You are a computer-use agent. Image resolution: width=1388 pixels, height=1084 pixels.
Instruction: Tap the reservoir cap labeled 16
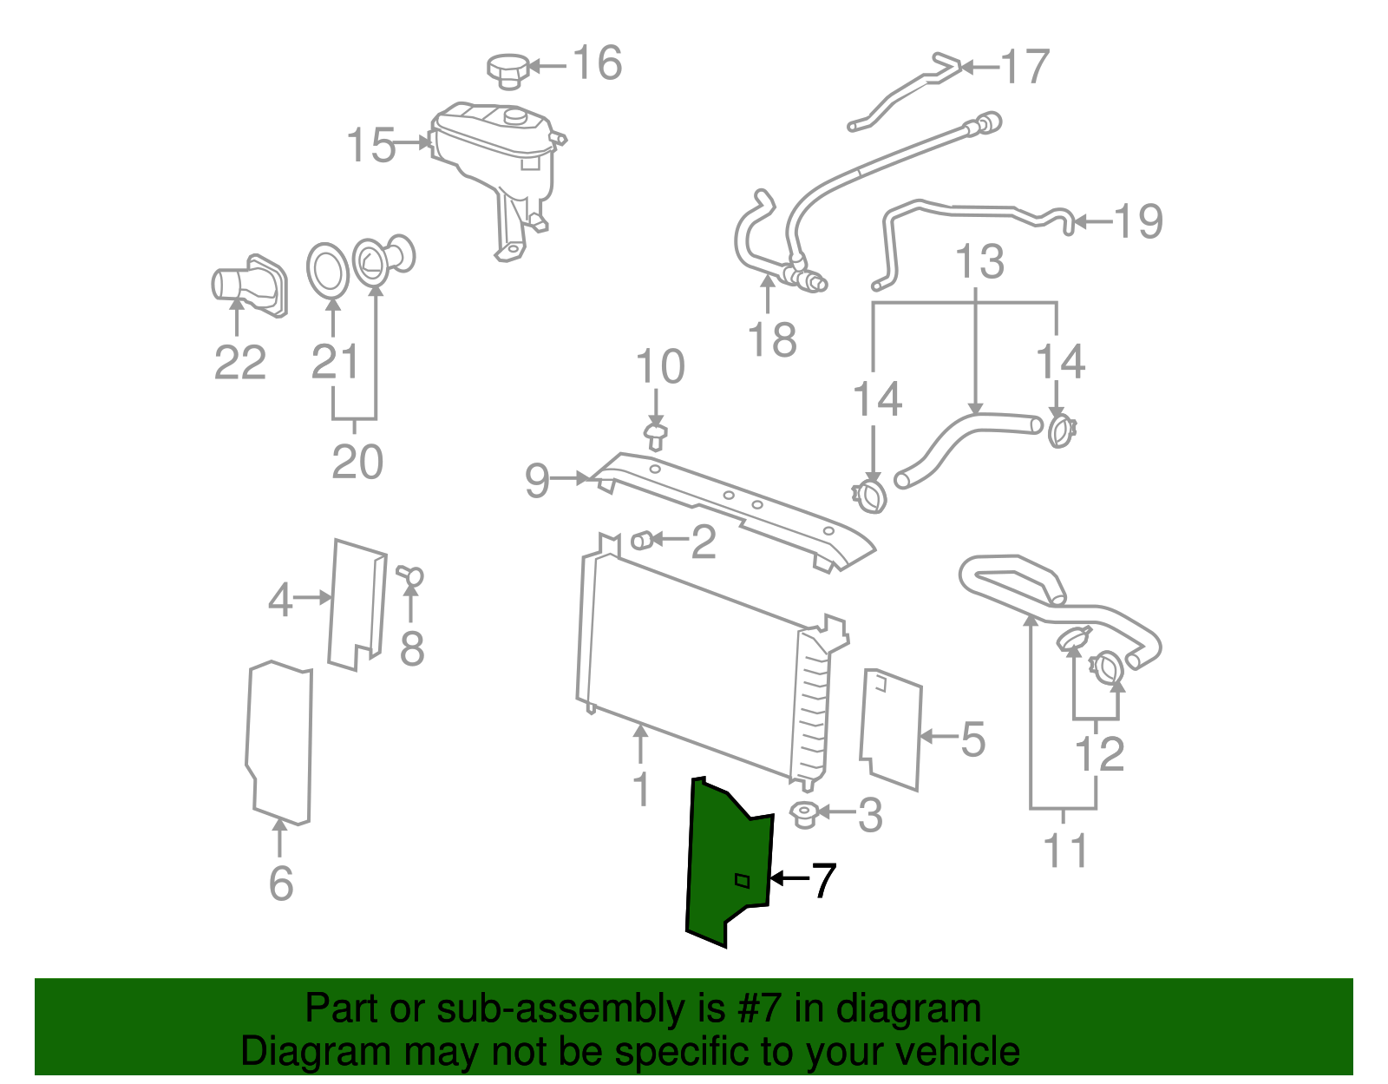(x=509, y=71)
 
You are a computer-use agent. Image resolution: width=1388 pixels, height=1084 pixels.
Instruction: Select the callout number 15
(x=371, y=145)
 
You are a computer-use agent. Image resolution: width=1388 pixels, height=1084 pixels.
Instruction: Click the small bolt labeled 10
(x=655, y=436)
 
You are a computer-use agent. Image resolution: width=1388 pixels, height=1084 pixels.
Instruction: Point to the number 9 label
(x=537, y=480)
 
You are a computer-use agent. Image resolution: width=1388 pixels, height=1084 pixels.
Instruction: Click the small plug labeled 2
(x=641, y=541)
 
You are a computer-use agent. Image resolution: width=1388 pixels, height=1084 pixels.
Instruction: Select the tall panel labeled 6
(x=280, y=743)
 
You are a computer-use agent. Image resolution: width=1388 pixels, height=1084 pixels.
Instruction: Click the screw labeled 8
(x=410, y=575)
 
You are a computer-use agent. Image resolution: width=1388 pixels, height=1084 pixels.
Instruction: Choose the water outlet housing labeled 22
(x=249, y=286)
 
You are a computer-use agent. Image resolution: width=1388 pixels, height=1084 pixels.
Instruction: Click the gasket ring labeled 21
(x=328, y=271)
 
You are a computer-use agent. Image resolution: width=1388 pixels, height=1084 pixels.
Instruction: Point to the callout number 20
(x=357, y=462)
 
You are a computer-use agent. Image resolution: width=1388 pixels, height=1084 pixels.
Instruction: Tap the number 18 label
(x=771, y=339)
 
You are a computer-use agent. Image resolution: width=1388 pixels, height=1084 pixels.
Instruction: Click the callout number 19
(x=1137, y=221)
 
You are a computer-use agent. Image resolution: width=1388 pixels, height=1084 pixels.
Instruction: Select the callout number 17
(x=1025, y=67)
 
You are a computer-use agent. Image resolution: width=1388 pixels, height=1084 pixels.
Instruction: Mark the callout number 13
(x=979, y=261)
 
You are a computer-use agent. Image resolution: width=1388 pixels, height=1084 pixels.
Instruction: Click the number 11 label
(x=1064, y=851)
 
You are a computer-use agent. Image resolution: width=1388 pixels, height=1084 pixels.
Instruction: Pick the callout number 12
(x=1099, y=753)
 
